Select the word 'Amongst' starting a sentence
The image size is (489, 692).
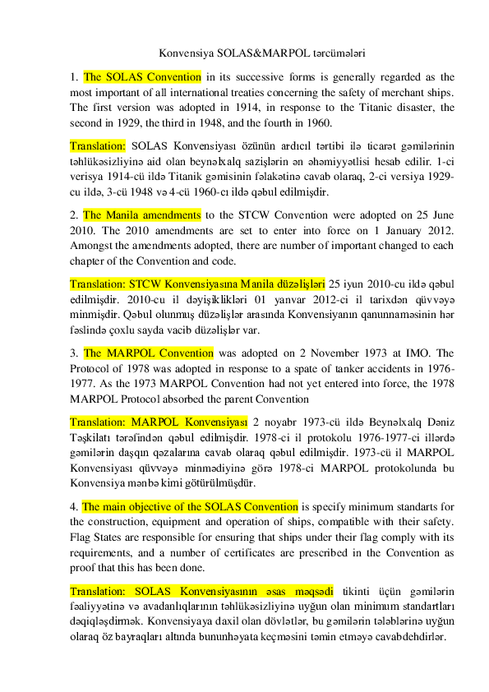click(93, 246)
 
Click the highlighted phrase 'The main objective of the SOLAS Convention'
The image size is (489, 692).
click(190, 506)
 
